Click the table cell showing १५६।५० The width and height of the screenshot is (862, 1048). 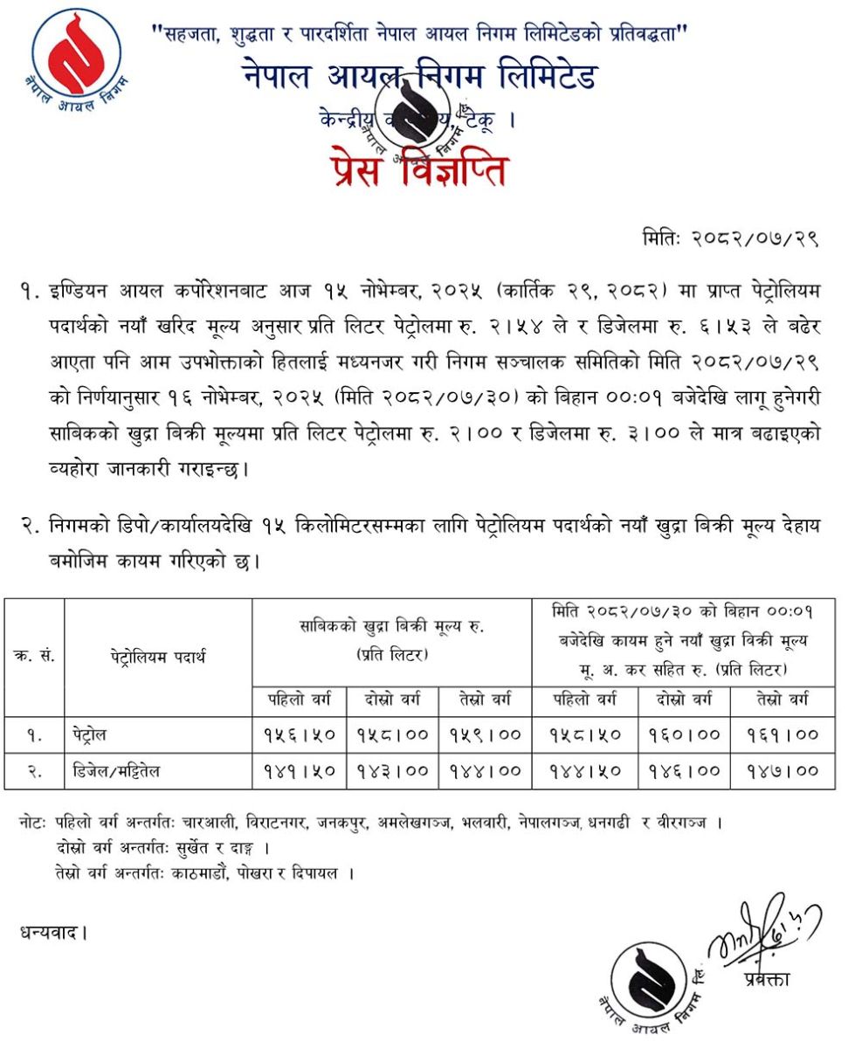click(299, 734)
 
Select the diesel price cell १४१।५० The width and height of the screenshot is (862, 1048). click(299, 770)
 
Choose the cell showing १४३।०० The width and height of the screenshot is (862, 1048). click(393, 770)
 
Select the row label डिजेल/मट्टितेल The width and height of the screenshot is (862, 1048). click(116, 770)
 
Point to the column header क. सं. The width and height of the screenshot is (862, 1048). click(34, 657)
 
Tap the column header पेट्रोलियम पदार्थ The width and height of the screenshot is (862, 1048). click(157, 657)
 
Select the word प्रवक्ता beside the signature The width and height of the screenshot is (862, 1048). click(767, 979)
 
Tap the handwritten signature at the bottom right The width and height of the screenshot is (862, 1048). click(762, 930)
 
